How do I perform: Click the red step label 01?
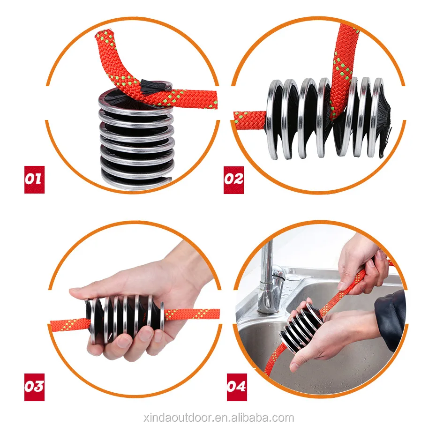pyautogui.click(x=34, y=179)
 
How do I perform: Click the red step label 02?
pyautogui.click(x=233, y=179)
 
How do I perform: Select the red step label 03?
pyautogui.click(x=34, y=387)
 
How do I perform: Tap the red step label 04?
pyautogui.click(x=237, y=387)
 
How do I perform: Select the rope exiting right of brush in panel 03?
pyautogui.click(x=192, y=314)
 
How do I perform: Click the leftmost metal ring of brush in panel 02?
pyautogui.click(x=274, y=120)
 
